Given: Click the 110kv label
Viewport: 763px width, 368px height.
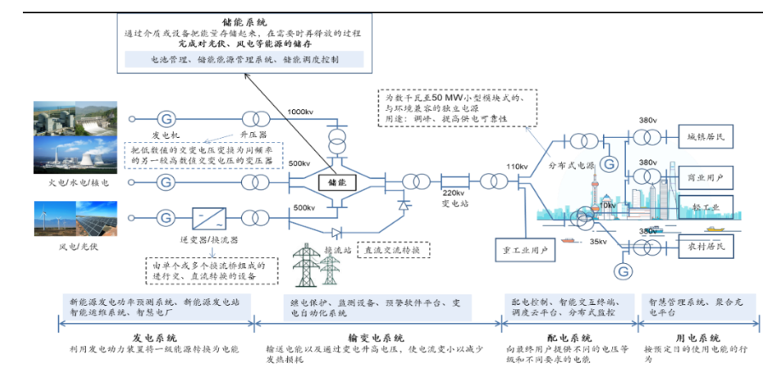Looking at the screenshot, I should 519,166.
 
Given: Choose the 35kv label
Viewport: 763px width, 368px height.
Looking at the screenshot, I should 599,241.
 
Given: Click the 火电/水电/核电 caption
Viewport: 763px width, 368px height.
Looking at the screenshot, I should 78,183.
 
